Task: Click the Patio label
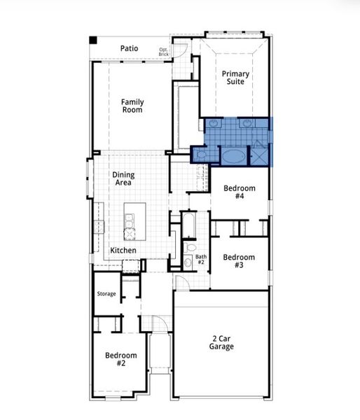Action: click(x=129, y=48)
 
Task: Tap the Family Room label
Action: click(x=132, y=106)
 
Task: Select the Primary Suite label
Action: click(x=235, y=77)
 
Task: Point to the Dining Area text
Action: click(x=123, y=178)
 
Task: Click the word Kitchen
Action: click(x=123, y=250)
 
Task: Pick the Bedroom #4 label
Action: click(x=239, y=192)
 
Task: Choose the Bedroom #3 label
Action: click(x=239, y=261)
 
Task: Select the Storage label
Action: click(x=106, y=293)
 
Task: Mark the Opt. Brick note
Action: click(x=163, y=51)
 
